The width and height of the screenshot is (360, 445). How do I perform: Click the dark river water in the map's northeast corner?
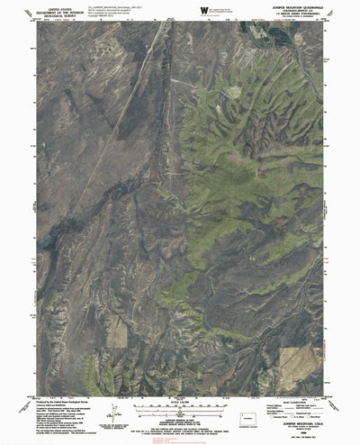click(260, 35)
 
